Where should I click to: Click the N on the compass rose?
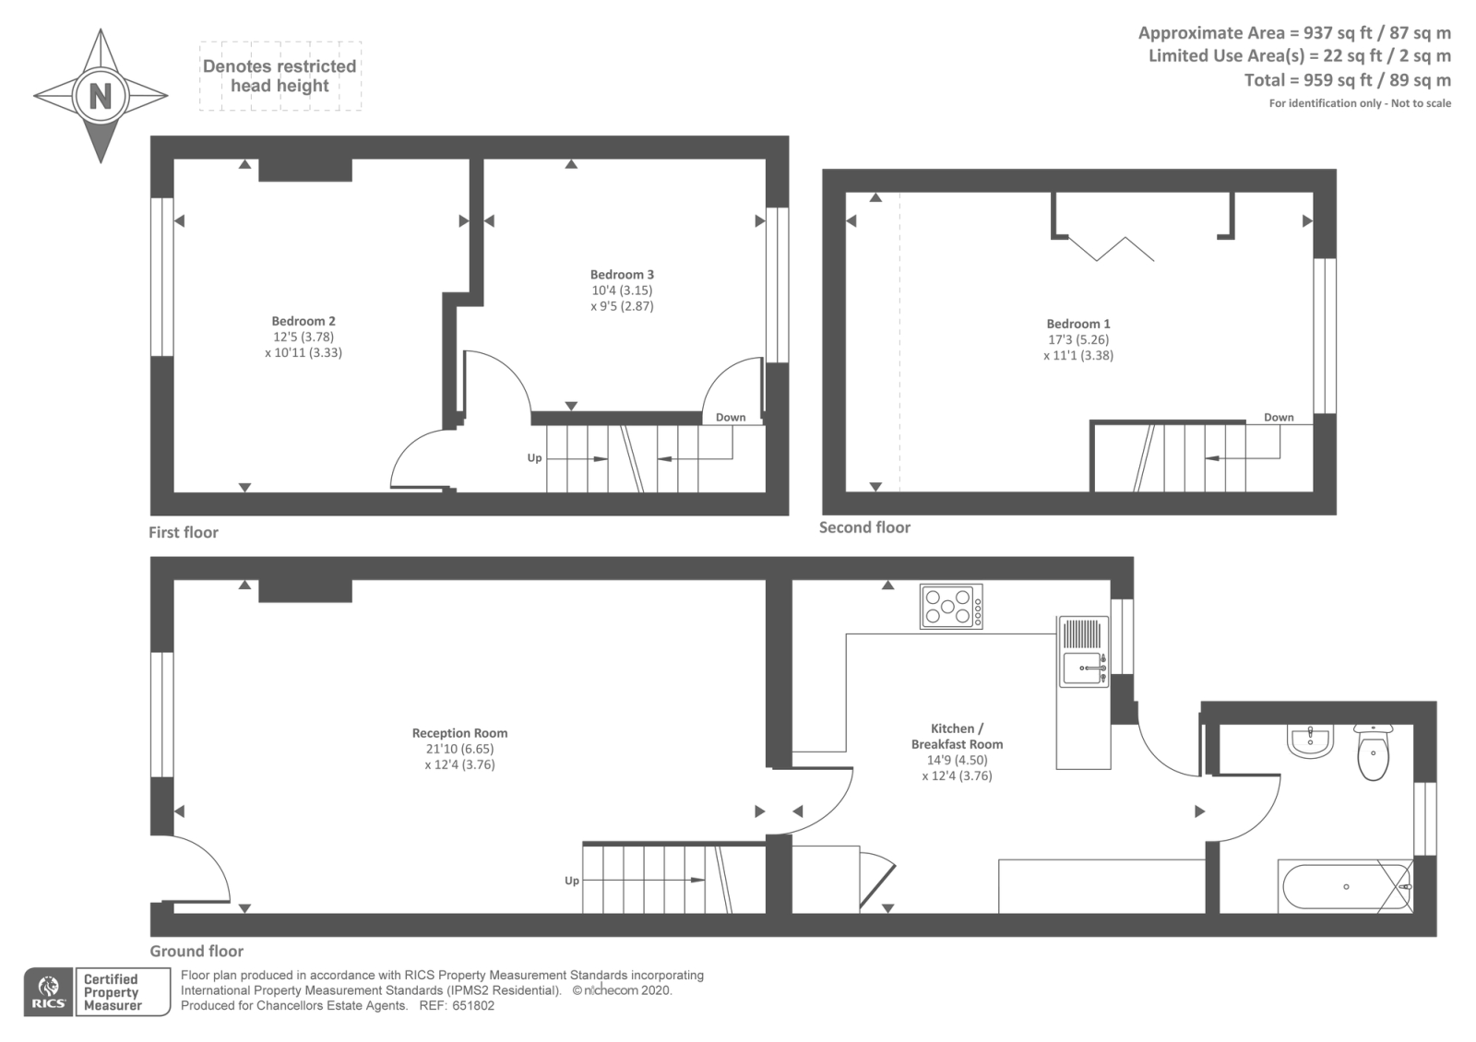pos(100,96)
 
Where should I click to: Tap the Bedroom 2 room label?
pos(304,321)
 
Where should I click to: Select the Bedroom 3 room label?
pos(622,274)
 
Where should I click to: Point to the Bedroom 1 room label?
pos(1078,324)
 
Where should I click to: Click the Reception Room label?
pos(459,733)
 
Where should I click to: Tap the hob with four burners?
pos(951,607)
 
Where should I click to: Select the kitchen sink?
pos(1083,666)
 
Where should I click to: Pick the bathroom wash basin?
pos(1310,740)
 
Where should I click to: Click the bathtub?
pos(1344,886)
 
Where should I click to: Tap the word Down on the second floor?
pos(1279,417)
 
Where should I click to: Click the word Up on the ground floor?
pos(572,881)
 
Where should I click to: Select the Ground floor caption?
pos(196,951)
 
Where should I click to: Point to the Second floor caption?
pos(864,527)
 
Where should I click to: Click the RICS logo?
pos(48,992)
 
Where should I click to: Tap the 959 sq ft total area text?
pos(1347,79)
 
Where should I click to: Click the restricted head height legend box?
pos(280,76)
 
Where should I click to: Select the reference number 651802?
pos(472,1005)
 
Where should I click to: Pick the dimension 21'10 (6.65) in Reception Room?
pos(459,749)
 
